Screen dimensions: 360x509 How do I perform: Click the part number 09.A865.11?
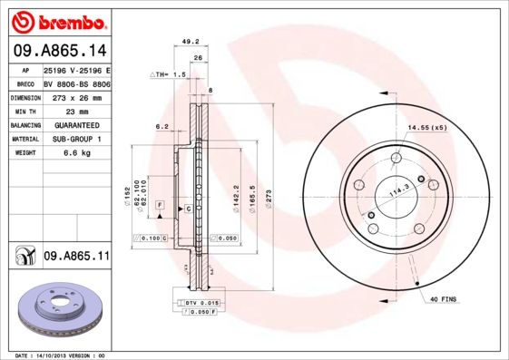[75, 257]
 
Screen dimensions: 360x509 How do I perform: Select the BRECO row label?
[25, 83]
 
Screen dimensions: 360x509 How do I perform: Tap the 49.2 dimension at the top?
[191, 42]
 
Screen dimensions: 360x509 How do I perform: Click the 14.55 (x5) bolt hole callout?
[427, 128]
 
